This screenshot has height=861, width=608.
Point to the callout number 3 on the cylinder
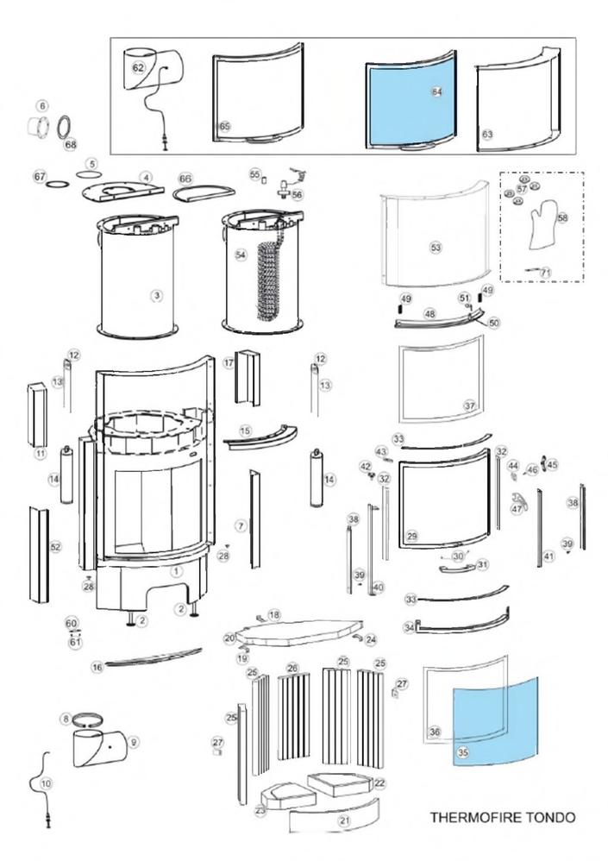[x=156, y=295]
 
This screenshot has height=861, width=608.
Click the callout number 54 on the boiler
[x=241, y=255]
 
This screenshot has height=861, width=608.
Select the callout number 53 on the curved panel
[x=436, y=248]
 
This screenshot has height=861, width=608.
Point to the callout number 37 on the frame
[x=469, y=405]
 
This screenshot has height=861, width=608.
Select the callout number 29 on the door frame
[x=412, y=537]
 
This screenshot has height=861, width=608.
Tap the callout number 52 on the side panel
[x=55, y=547]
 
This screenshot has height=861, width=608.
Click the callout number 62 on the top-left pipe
[x=138, y=66]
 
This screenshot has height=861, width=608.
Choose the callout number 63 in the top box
[x=487, y=135]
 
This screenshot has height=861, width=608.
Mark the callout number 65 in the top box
[x=225, y=126]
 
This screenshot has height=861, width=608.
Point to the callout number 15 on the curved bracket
[x=245, y=430]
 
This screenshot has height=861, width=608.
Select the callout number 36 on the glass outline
[x=435, y=732]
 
